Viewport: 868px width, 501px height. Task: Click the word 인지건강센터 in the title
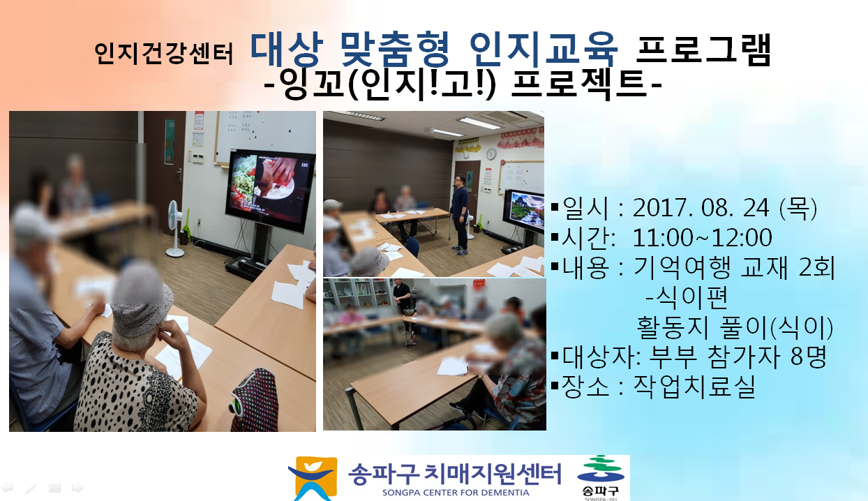point(163,53)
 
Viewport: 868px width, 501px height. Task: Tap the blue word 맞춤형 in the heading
point(394,50)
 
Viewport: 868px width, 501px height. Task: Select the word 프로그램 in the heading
point(703,50)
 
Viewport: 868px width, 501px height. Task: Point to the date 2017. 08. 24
point(701,208)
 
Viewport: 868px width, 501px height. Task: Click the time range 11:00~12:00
point(702,237)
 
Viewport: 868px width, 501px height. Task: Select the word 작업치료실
point(694,387)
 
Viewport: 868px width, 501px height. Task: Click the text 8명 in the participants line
point(808,356)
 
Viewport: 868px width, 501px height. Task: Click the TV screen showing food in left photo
point(270,190)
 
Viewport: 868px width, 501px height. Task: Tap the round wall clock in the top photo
point(491,154)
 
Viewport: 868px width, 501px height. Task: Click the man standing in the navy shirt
point(460,215)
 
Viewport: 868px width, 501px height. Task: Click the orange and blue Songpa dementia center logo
point(313,479)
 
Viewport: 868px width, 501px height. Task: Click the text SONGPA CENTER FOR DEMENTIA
point(456,493)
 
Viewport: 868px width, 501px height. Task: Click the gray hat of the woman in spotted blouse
point(142,299)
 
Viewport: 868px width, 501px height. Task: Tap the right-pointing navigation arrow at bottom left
point(77,488)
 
